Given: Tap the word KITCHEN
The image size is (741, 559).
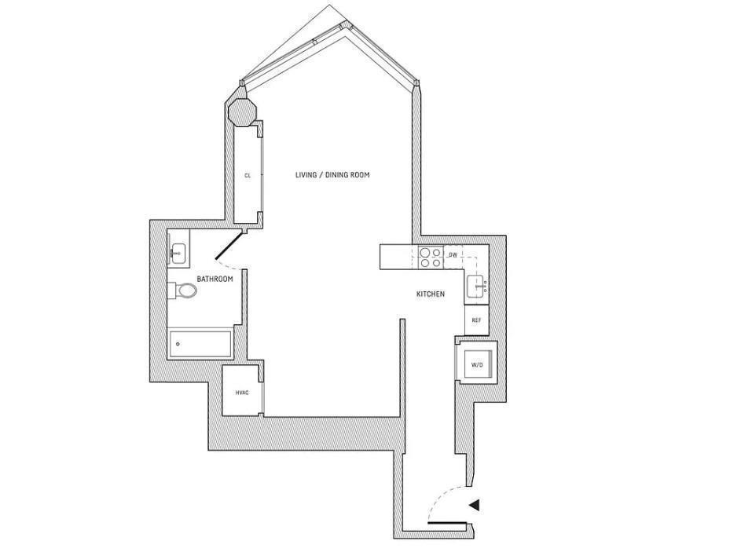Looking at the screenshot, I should (x=430, y=294).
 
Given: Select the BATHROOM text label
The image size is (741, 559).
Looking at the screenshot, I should (x=215, y=279).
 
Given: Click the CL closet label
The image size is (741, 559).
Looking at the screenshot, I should (x=248, y=176).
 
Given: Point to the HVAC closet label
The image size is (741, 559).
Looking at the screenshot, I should (x=242, y=393).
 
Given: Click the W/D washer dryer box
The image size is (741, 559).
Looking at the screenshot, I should (x=477, y=365).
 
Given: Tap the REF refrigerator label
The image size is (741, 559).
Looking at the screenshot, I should (x=476, y=320).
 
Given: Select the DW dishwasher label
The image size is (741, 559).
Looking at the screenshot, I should (x=453, y=256).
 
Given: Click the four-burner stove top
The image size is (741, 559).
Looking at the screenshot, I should (x=429, y=258).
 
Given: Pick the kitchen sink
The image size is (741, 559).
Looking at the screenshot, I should (x=477, y=287).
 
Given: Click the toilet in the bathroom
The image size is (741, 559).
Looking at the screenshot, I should (x=185, y=290).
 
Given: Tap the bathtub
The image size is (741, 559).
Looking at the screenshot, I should (x=200, y=344).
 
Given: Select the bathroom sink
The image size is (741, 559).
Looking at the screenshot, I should (x=178, y=253).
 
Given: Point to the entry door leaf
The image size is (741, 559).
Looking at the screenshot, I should (x=449, y=521).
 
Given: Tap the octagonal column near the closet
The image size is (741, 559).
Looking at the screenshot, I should (x=241, y=112).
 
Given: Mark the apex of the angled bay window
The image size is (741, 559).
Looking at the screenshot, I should (x=343, y=25).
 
